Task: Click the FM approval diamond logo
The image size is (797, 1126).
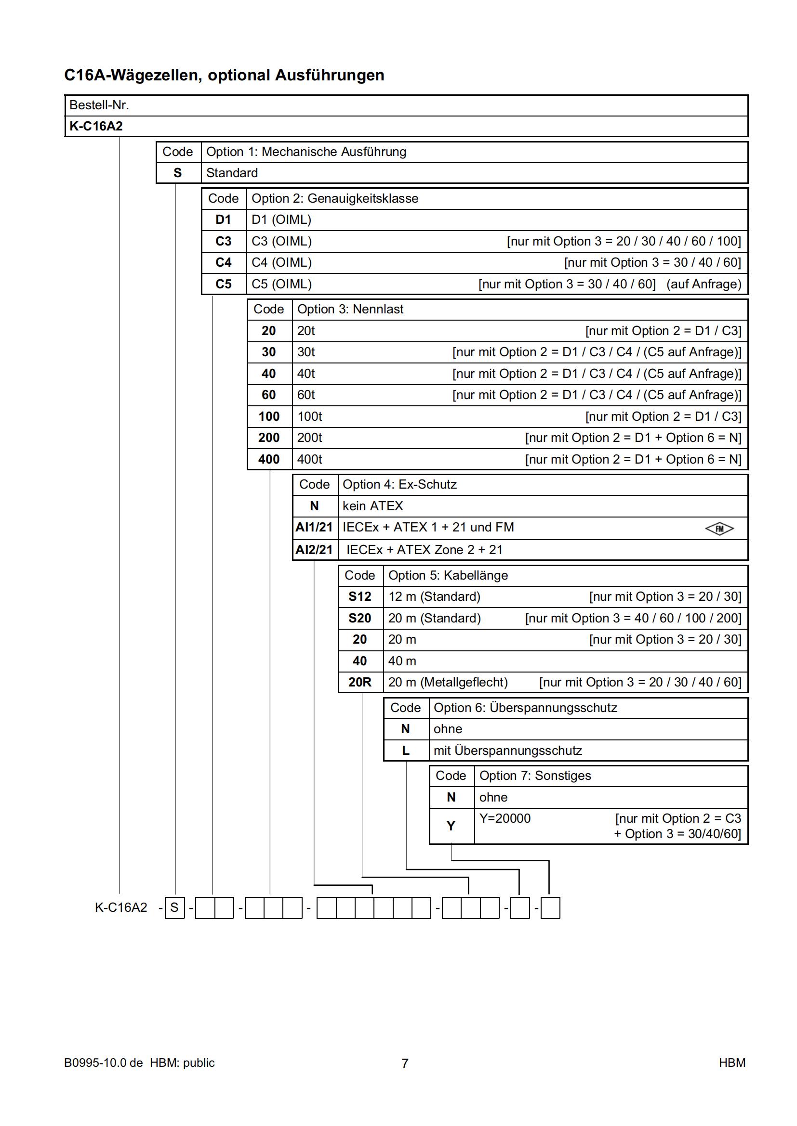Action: tap(719, 529)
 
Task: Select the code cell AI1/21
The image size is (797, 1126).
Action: tap(314, 527)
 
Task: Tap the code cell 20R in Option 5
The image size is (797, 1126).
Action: tap(360, 682)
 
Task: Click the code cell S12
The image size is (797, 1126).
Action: tap(360, 596)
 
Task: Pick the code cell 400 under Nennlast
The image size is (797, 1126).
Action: tap(269, 459)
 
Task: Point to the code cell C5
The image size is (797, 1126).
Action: tap(223, 284)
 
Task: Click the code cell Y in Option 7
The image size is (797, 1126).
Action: tap(451, 826)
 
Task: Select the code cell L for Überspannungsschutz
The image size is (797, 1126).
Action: tap(405, 751)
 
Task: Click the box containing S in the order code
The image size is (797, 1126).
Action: tap(174, 908)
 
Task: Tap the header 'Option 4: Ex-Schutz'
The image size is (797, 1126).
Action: tap(399, 485)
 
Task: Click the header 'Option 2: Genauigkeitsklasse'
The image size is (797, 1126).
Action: tap(335, 199)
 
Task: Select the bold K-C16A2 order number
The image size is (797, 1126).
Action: tap(96, 126)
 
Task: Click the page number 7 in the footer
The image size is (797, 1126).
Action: tap(405, 1063)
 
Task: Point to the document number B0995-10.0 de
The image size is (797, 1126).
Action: tap(104, 1063)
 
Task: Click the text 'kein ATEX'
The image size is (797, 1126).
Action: tap(372, 505)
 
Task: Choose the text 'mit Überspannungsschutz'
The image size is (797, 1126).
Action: tap(507, 751)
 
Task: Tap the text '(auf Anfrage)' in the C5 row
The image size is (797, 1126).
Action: tap(704, 284)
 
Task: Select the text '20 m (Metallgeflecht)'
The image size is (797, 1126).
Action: tap(448, 682)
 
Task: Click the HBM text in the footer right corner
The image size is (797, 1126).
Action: tap(732, 1063)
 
